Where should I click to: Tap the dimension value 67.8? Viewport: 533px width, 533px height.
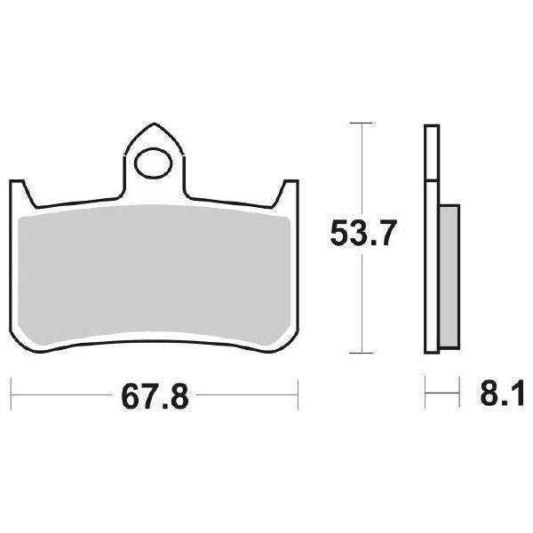pyautogui.click(x=156, y=392)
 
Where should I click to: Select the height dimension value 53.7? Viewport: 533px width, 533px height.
pyautogui.click(x=359, y=235)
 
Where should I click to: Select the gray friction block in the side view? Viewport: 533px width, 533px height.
pyautogui.click(x=449, y=275)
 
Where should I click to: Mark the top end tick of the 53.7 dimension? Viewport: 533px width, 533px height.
pyautogui.click(x=359, y=121)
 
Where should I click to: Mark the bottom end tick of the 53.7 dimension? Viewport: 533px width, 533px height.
pyautogui.click(x=359, y=354)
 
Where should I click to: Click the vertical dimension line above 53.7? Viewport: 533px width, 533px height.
pyautogui.click(x=359, y=169)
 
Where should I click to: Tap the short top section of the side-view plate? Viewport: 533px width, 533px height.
pyautogui.click(x=432, y=153)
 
